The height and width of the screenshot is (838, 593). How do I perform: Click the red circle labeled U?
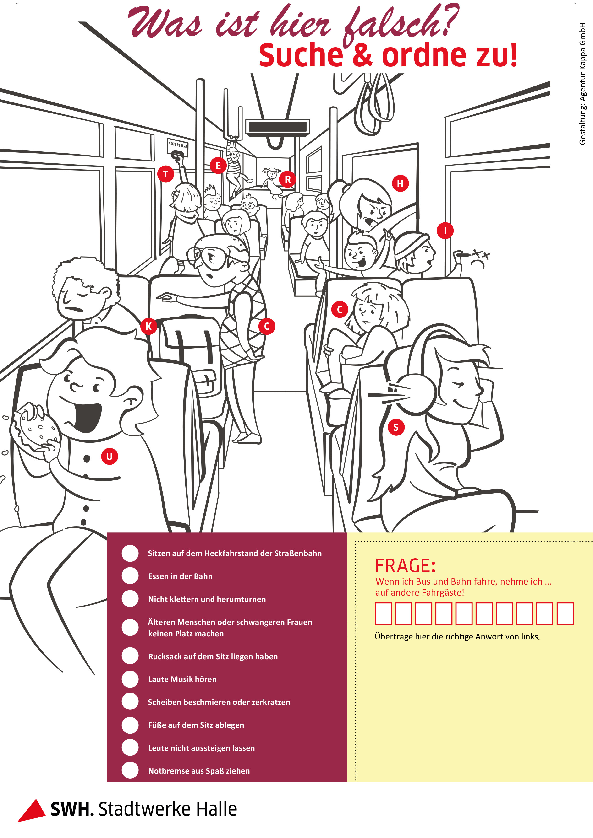[x=109, y=456]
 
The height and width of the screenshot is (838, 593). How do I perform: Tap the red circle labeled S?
[x=396, y=427]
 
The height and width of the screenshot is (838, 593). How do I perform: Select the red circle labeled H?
[x=401, y=183]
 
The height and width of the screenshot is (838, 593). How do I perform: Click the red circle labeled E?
[x=218, y=166]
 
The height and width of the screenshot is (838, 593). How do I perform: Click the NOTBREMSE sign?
[x=178, y=145]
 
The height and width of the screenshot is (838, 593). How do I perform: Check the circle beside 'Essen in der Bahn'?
[x=130, y=576]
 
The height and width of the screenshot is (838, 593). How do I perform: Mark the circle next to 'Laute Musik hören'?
[x=130, y=679]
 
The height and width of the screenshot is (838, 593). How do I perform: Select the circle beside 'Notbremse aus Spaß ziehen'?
[x=130, y=770]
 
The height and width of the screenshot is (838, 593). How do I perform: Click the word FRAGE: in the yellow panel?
[x=406, y=566]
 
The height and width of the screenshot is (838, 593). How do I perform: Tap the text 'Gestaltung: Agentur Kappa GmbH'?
[x=582, y=84]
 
